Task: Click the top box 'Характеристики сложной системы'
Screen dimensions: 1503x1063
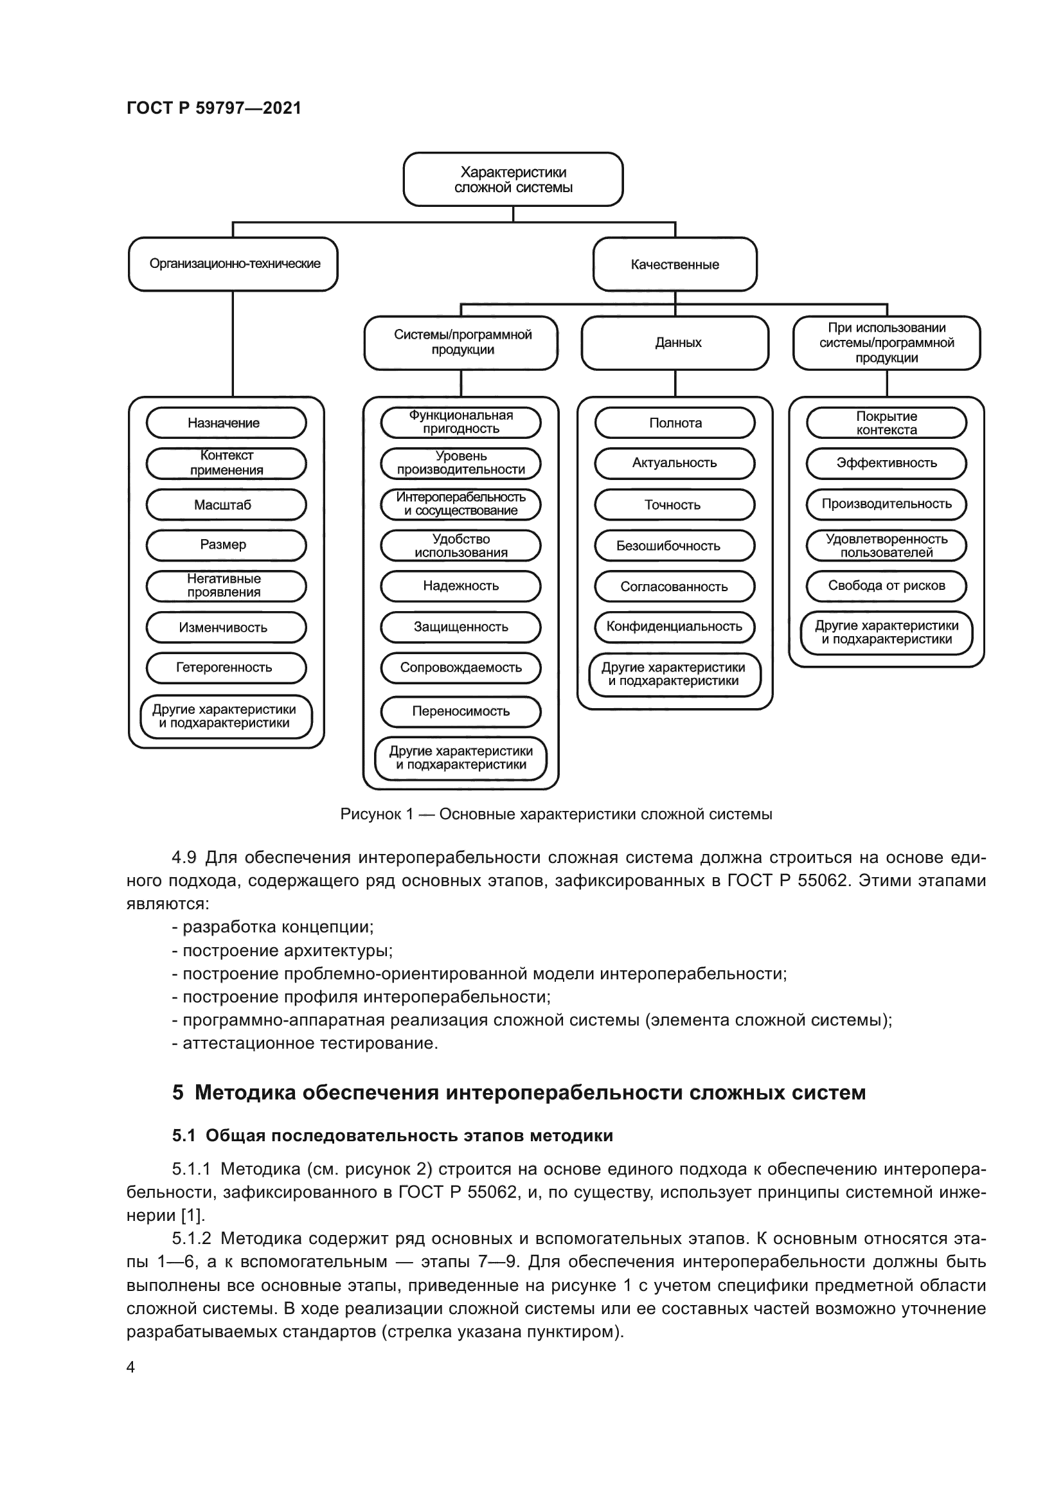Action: [x=512, y=179]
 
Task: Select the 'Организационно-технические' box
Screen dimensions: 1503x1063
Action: [x=233, y=264]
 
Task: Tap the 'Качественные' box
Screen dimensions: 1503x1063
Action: [x=675, y=265]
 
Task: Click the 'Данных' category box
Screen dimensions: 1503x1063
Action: [x=675, y=343]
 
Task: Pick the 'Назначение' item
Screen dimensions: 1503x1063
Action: [x=226, y=423]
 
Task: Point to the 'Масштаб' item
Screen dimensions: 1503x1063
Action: [x=226, y=504]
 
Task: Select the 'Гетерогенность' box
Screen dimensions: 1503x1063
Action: [x=226, y=668]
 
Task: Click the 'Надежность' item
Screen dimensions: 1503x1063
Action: [x=461, y=586]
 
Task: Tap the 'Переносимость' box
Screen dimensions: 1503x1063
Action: [x=461, y=711]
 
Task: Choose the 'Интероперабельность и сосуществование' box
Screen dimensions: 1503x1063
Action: [x=461, y=504]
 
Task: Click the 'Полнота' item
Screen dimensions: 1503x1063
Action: [x=675, y=423]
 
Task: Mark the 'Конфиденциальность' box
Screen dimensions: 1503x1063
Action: [x=675, y=627]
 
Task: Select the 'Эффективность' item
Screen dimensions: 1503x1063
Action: [x=886, y=463]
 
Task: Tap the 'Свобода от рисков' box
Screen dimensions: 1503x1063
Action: [x=886, y=586]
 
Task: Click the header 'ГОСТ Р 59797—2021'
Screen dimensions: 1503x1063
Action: [x=214, y=108]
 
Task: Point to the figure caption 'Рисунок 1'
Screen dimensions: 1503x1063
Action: [x=377, y=814]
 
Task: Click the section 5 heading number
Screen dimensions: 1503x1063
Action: [x=178, y=1092]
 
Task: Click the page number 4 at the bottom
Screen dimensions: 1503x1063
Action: [x=130, y=1367]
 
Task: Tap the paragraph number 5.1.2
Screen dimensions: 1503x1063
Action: [x=192, y=1238]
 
